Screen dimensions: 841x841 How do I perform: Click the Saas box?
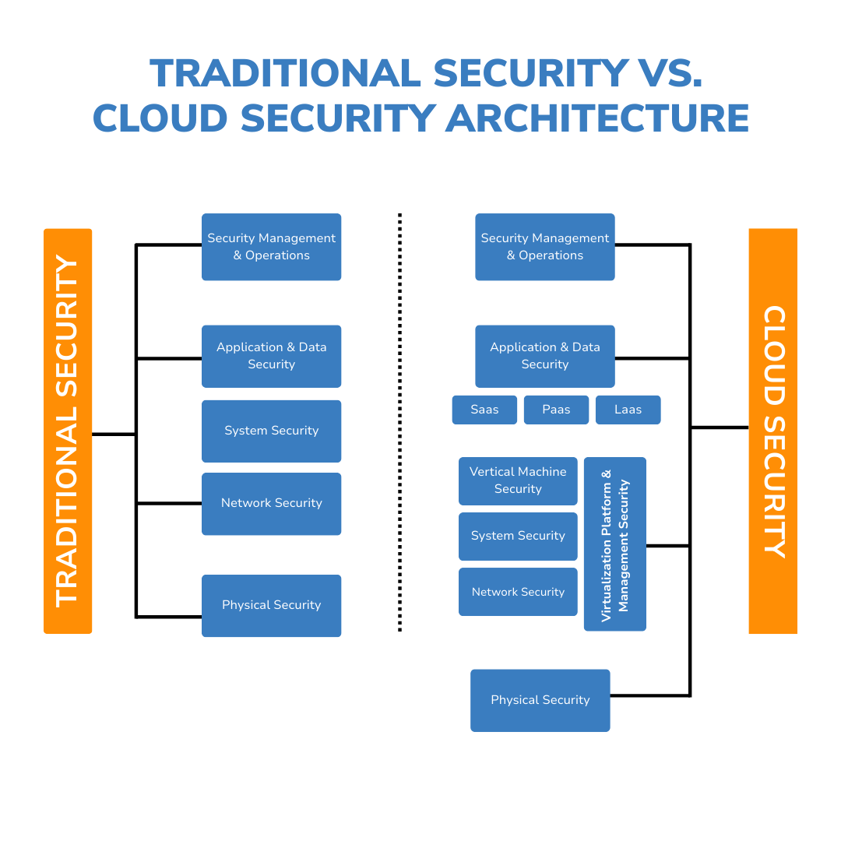(484, 410)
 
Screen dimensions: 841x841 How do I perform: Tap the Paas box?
(556, 410)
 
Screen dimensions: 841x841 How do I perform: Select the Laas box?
(628, 410)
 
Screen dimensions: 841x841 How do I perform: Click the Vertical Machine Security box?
(518, 480)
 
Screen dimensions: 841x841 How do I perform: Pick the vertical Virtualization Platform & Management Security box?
(614, 544)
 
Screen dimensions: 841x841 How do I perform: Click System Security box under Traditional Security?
(271, 431)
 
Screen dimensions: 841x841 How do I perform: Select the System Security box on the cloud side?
(518, 536)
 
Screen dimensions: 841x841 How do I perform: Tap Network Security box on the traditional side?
(271, 503)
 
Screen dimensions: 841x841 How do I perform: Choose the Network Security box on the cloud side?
(518, 592)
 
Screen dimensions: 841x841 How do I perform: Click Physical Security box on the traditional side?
(271, 605)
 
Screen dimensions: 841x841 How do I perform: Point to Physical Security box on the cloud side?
(540, 700)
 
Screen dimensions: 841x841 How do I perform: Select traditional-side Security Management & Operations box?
(271, 246)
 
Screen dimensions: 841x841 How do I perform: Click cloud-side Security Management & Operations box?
(544, 246)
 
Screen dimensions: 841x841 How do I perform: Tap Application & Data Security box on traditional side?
(271, 356)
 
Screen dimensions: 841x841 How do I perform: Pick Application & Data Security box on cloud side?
(544, 356)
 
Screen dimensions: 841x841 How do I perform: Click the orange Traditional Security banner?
(68, 431)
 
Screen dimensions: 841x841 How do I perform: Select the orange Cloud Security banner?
(772, 431)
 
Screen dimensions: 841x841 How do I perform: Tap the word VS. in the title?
(665, 73)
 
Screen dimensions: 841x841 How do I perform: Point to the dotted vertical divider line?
(399, 421)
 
